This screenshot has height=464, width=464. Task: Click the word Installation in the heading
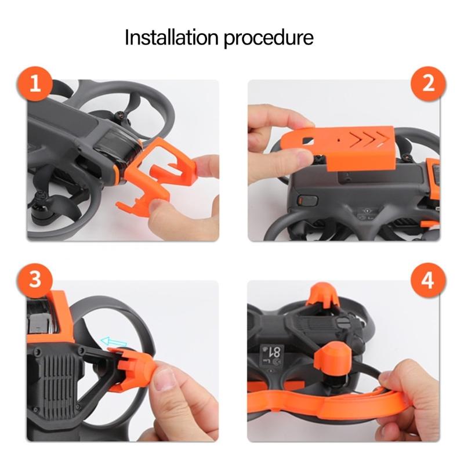pyautogui.click(x=172, y=38)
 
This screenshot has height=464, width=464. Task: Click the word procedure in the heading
pyautogui.click(x=269, y=38)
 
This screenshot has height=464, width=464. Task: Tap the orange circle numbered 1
pyautogui.click(x=35, y=84)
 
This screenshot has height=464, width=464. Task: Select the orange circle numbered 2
pyautogui.click(x=428, y=84)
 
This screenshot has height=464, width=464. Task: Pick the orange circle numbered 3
pyautogui.click(x=35, y=280)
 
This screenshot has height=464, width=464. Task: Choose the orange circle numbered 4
pyautogui.click(x=428, y=280)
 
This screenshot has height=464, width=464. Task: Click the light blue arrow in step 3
pyautogui.click(x=113, y=342)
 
